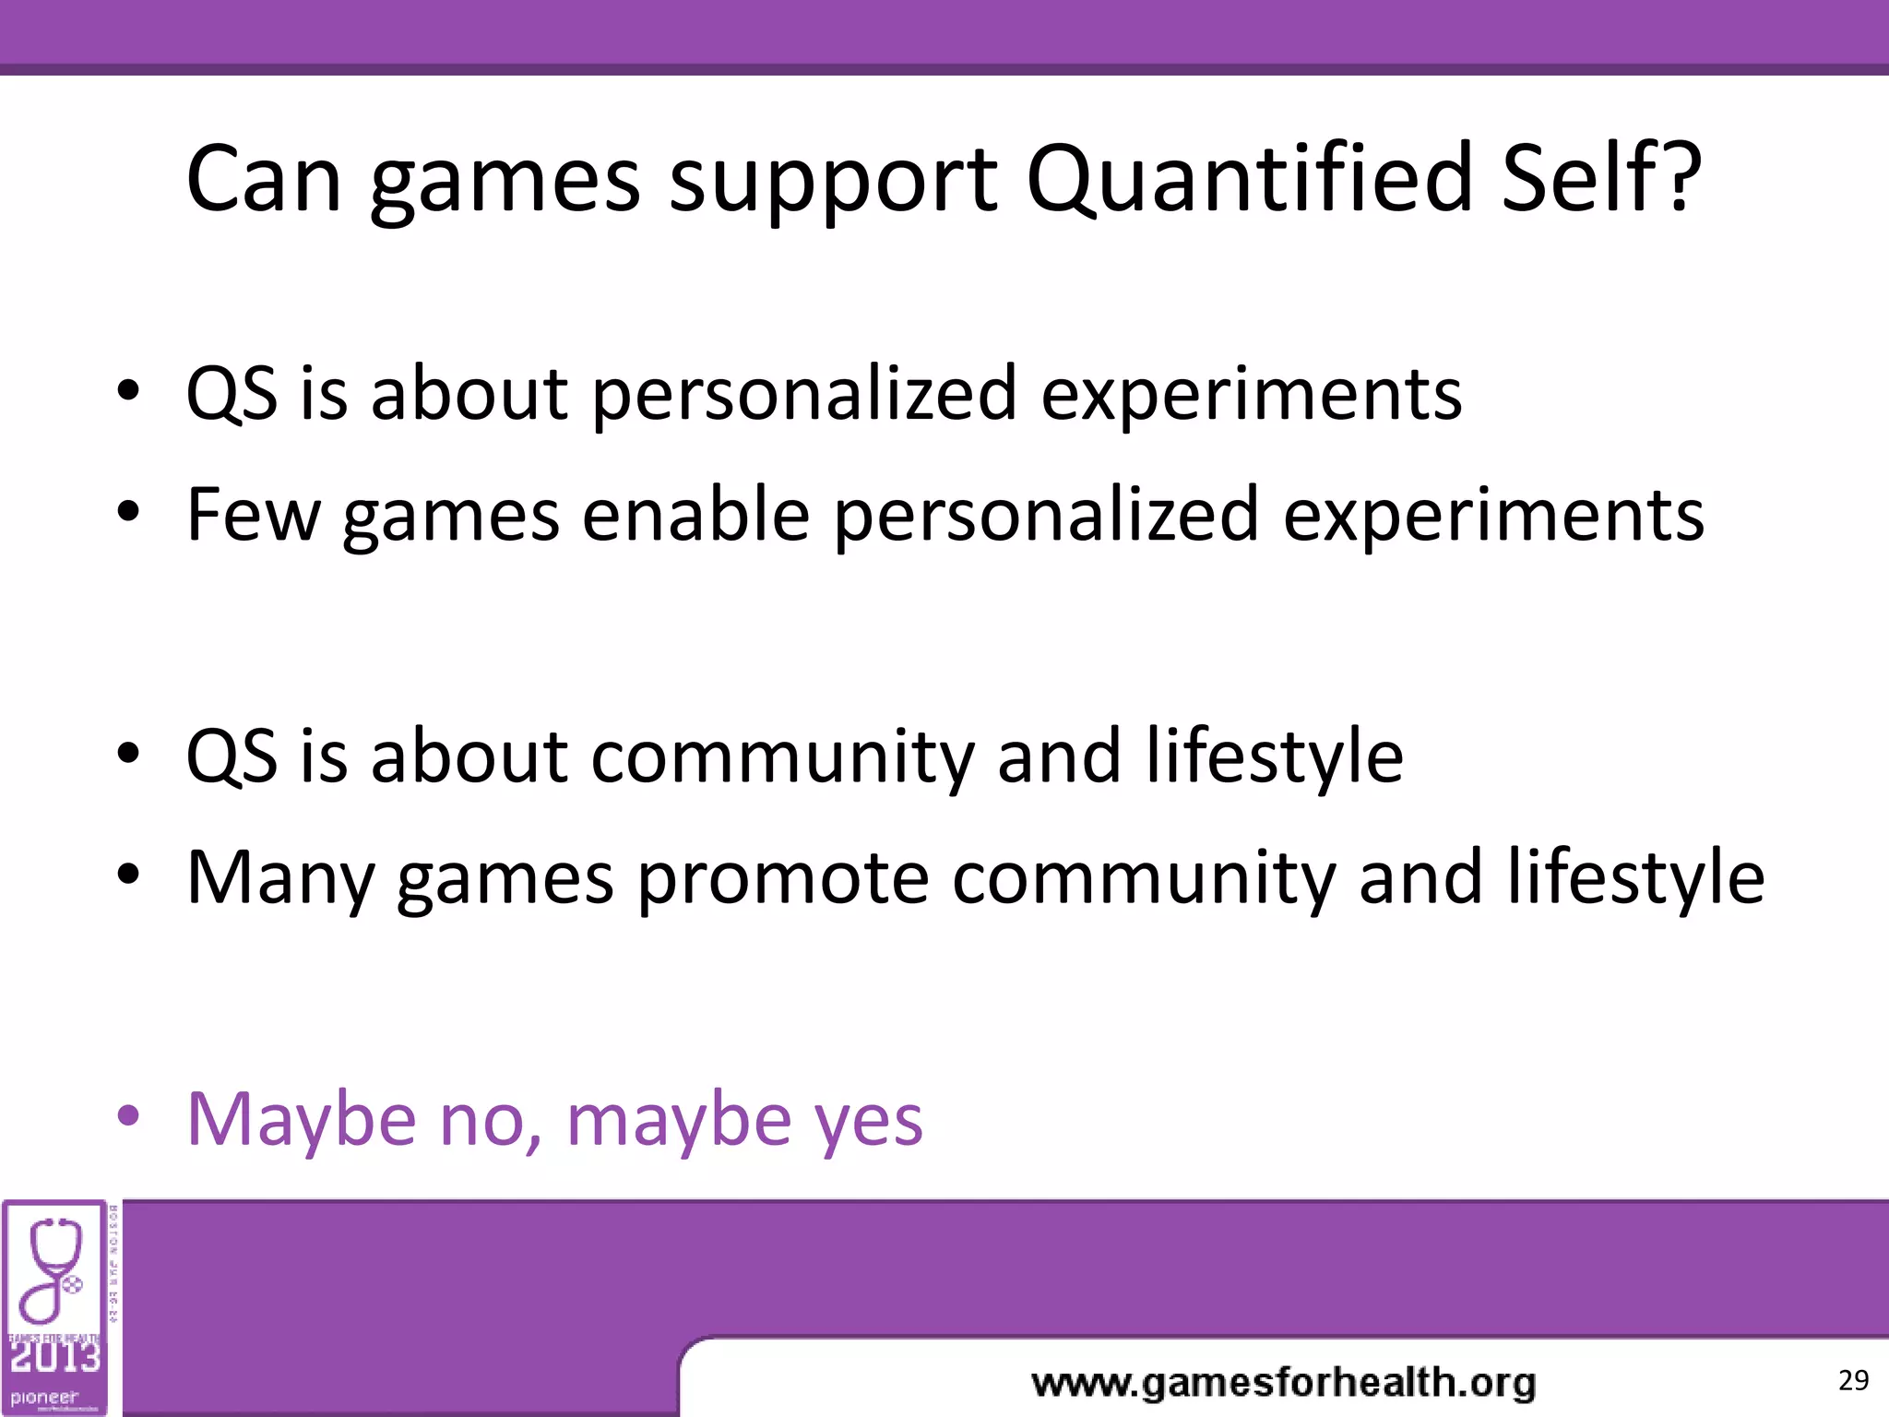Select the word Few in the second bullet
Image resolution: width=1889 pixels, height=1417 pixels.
point(253,514)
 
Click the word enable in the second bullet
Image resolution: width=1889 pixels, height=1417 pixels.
point(696,514)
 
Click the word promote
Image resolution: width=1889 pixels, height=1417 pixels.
point(782,878)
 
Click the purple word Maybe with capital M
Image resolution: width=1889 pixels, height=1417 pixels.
point(302,1120)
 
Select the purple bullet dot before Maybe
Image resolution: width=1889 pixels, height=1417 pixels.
point(128,1116)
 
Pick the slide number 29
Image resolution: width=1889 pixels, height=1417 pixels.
point(1853,1380)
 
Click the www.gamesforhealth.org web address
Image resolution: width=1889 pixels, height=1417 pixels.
point(1283,1383)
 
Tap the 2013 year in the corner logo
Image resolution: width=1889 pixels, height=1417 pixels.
point(55,1357)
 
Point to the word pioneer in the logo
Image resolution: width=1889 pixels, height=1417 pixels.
point(44,1397)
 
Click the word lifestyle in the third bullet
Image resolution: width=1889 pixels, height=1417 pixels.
point(1274,756)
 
